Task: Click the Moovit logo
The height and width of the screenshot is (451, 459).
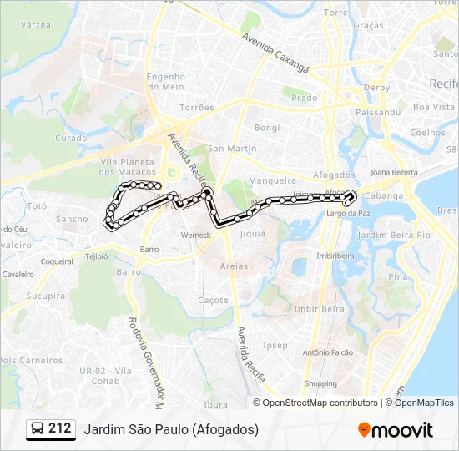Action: [x=395, y=430]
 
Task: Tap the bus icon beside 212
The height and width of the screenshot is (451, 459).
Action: [x=38, y=429]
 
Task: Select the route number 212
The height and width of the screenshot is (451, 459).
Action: [x=59, y=428]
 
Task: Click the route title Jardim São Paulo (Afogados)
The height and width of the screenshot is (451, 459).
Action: [x=171, y=429]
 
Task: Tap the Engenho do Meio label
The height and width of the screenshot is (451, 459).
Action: [x=165, y=81]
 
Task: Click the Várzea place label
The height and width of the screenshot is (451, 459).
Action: [x=35, y=26]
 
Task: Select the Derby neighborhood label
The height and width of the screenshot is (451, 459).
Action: [x=376, y=88]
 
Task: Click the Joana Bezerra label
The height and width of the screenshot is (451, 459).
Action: [x=393, y=172]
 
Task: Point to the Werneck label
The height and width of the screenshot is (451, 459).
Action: [x=196, y=236]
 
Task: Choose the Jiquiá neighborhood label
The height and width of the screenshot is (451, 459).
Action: [x=252, y=234]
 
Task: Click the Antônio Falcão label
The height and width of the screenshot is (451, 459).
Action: [x=328, y=352]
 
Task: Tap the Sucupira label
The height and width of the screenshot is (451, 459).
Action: [x=45, y=296]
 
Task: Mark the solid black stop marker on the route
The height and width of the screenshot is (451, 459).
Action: [x=207, y=192]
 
